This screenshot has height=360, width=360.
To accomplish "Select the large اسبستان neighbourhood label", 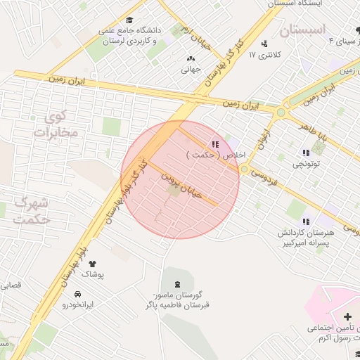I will [302, 30].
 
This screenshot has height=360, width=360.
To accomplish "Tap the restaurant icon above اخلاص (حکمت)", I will [214, 144].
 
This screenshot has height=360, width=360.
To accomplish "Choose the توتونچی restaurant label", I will [306, 165].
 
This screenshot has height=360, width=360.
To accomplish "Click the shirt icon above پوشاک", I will [91, 264].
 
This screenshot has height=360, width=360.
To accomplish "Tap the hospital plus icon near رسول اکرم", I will [347, 317].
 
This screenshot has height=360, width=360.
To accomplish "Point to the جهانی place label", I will [191, 70].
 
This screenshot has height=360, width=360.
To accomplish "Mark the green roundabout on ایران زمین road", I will [281, 112].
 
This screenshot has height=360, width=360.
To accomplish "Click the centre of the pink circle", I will [180, 179].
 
